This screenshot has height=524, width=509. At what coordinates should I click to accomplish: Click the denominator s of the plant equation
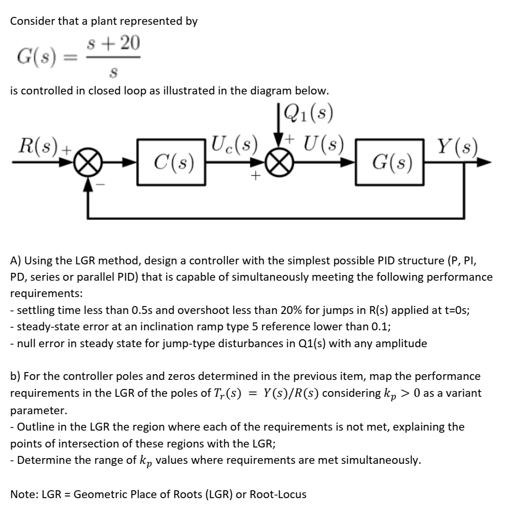coord(120,70)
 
